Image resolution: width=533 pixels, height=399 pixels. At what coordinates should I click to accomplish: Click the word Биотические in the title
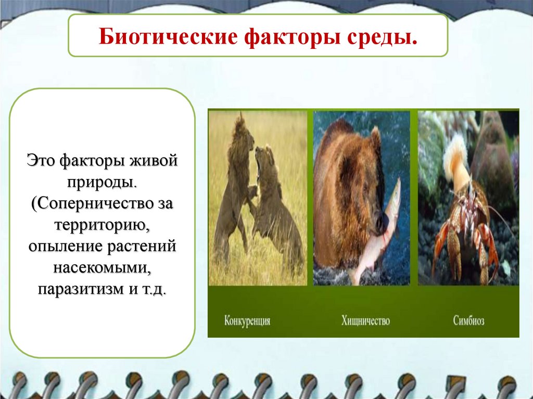pos(168,36)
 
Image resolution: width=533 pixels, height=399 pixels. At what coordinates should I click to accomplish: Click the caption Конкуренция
pos(247,320)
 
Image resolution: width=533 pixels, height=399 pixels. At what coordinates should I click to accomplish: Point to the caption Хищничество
pos(365,320)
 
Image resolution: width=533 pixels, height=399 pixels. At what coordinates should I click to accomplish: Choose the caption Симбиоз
pos(468,320)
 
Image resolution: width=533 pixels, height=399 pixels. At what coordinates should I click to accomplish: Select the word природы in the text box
pos(102,183)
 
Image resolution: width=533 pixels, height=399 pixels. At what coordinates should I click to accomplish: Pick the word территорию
pos(102,225)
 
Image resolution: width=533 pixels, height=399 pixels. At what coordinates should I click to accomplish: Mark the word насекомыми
pos(102,268)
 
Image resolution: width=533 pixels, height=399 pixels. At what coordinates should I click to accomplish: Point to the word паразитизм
pos(81,289)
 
